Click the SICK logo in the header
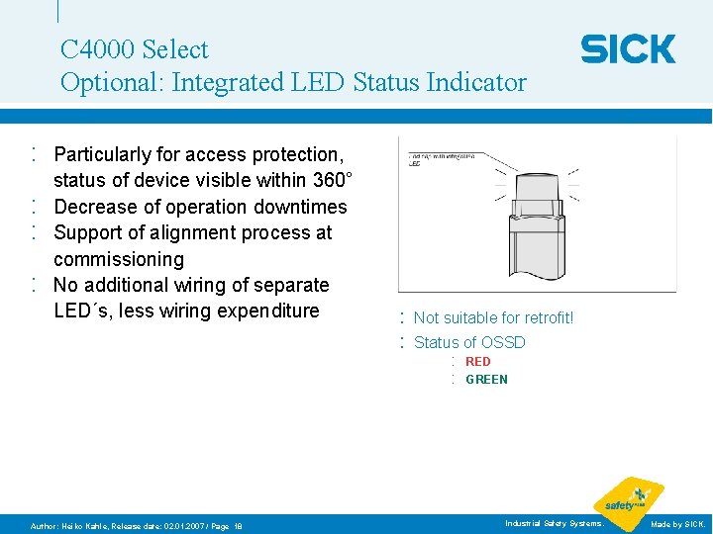tap(628, 48)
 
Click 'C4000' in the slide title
tap(97, 49)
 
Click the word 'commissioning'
tap(119, 259)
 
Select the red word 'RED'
tap(477, 362)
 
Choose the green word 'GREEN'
tap(486, 380)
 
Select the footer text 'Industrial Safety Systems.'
tap(554, 523)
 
